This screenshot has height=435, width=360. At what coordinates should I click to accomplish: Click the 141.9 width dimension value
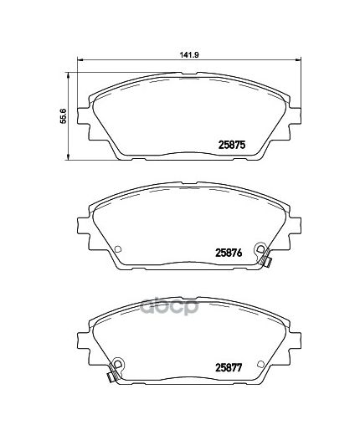(x=189, y=54)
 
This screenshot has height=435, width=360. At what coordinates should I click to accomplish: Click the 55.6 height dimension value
(x=64, y=115)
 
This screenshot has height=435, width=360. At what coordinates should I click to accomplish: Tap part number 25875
(x=232, y=145)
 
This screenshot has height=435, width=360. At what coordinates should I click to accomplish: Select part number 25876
(x=229, y=253)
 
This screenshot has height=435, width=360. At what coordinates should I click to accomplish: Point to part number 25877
(x=229, y=368)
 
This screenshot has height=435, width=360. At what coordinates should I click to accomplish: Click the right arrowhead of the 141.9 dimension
(x=298, y=59)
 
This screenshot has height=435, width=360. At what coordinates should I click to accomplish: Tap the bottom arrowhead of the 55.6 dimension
(x=67, y=156)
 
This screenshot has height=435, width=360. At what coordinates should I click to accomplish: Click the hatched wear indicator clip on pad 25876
(x=265, y=258)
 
